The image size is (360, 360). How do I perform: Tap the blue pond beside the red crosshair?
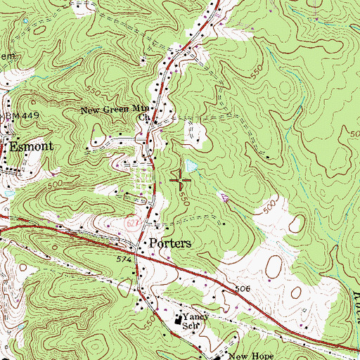click(x=191, y=169)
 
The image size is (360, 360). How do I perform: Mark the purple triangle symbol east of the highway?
click(x=225, y=199)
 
